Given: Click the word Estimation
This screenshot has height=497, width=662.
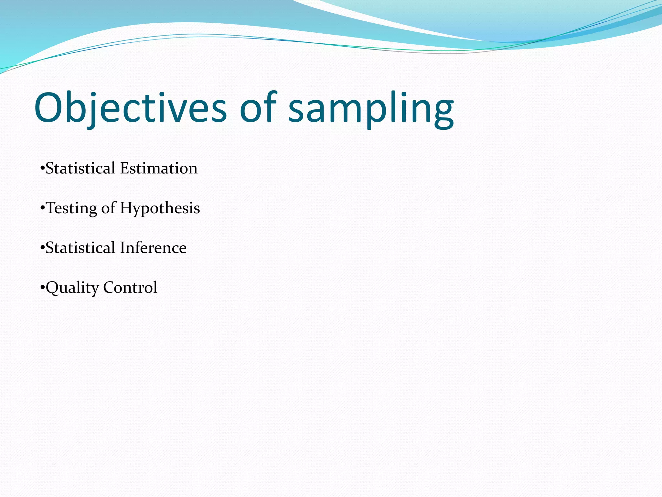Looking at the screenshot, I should tap(159, 168).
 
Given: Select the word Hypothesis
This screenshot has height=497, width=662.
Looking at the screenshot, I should tap(160, 208).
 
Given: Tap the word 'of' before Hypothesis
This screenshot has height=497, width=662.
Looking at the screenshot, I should tap(108, 208).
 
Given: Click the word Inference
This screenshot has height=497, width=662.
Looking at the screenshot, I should tap(153, 248).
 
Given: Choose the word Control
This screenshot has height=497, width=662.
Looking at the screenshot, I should tap(130, 288).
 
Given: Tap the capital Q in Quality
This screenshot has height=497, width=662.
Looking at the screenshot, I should tap(54, 288).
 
